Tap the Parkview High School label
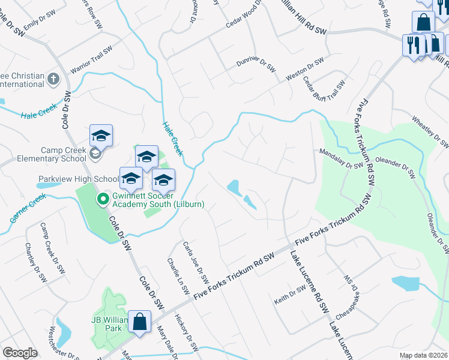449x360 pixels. pyautogui.click(x=79, y=179)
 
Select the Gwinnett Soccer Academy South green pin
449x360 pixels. pyautogui.click(x=103, y=198)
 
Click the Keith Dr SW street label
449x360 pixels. pyautogui.click(x=291, y=296)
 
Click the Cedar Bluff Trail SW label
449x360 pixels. pyautogui.click(x=324, y=90)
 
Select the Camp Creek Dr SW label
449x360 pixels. pyautogui.click(x=52, y=248)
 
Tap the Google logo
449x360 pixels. pyautogui.click(x=19, y=353)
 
